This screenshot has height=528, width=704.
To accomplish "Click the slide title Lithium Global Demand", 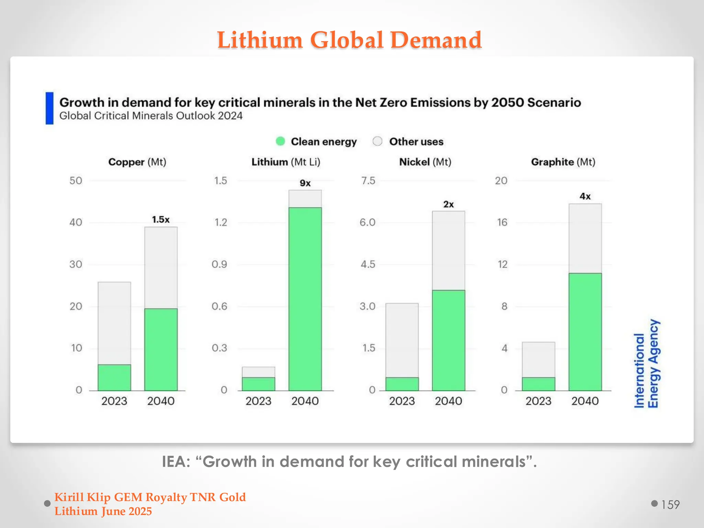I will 349,40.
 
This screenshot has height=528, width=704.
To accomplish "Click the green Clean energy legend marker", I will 280,141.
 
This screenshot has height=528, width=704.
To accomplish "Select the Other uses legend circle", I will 377,141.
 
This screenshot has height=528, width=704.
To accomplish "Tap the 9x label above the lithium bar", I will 305,183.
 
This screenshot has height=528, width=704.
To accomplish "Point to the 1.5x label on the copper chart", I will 161,220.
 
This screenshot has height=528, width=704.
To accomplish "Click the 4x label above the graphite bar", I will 585,197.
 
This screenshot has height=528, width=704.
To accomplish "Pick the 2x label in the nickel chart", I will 448,205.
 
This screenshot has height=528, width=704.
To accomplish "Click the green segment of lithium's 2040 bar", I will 305,299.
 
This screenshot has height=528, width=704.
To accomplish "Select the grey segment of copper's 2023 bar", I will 114,323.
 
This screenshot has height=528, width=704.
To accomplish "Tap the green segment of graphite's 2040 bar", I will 585,332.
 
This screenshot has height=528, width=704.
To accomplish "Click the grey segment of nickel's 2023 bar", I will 402,340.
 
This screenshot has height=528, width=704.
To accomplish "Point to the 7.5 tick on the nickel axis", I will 368,181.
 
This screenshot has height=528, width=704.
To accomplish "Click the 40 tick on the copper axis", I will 76,222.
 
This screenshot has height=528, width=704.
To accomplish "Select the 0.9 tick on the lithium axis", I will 219,264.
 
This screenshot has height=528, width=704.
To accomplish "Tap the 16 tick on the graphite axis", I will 502,222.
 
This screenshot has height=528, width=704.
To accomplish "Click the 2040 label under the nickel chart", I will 448,401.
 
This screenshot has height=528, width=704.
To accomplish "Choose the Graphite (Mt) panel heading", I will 563,162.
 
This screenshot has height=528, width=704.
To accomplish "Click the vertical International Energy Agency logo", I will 646,364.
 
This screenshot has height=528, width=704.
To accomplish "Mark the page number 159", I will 670,505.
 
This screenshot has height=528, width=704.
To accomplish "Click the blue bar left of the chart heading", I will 49,108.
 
